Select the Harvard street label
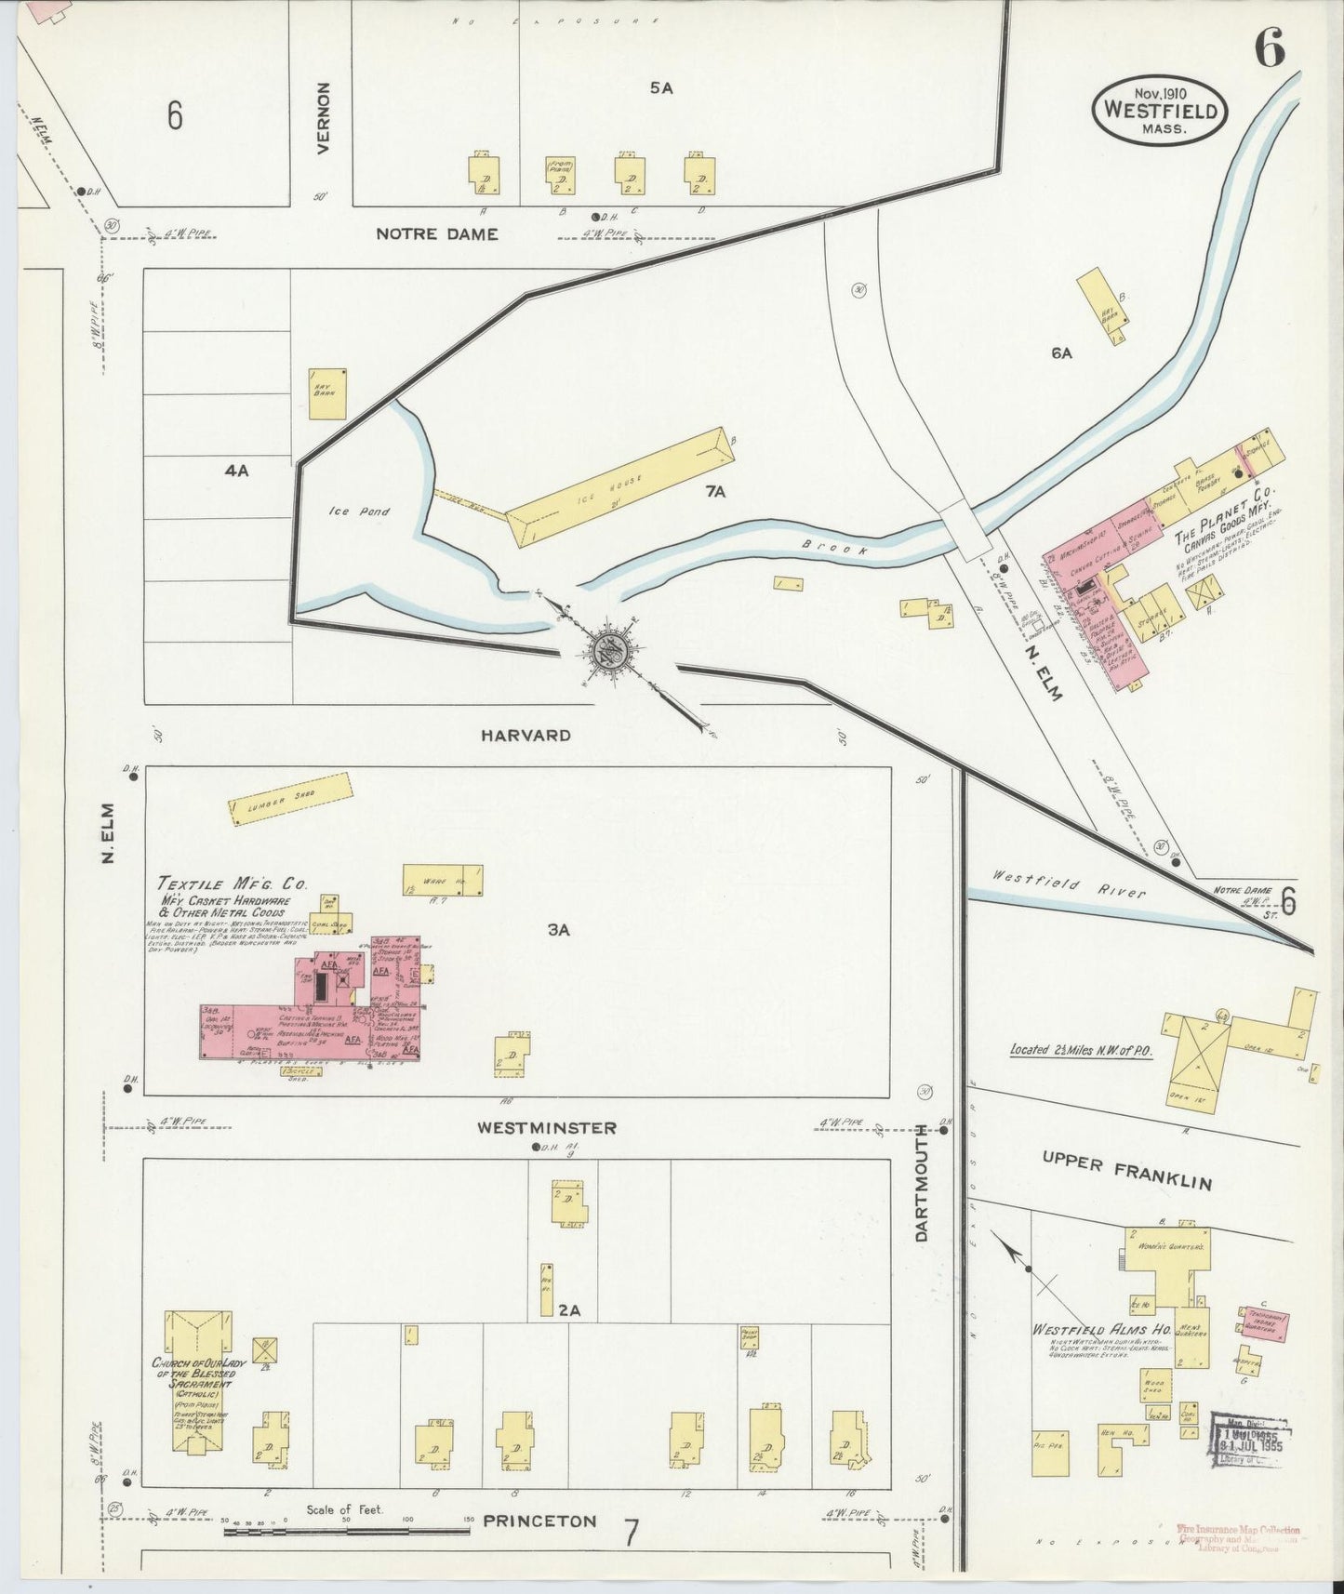pos(526,736)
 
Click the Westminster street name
pos(547,1128)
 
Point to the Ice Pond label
pos(358,511)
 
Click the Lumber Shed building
pos(291,798)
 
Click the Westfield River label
pos(1068,883)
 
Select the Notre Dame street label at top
pos(436,234)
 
